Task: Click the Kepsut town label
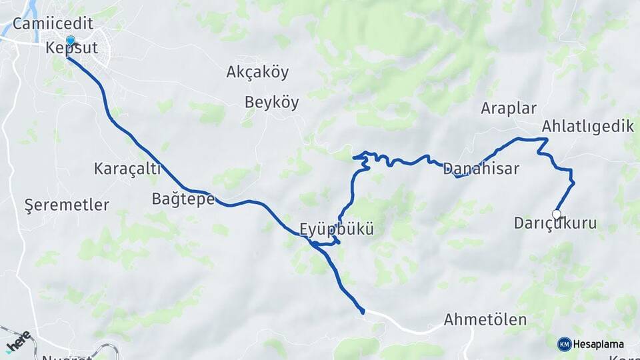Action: point(72,49)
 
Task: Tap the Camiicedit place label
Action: point(52,24)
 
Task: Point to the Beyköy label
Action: point(271,103)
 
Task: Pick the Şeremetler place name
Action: point(66,205)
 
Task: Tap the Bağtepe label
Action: point(183,199)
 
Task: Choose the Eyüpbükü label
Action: point(336,229)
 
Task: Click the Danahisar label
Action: point(481,169)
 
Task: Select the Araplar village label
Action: point(509,109)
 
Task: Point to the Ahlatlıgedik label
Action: point(587,127)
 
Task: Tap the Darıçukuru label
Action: point(555,224)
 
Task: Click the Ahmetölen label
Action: point(485,320)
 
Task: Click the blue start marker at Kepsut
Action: point(70,41)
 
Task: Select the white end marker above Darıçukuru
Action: point(557,214)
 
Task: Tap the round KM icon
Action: point(564,344)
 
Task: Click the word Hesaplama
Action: point(598,345)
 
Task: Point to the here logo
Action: point(18,341)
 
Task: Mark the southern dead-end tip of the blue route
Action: point(362,311)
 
